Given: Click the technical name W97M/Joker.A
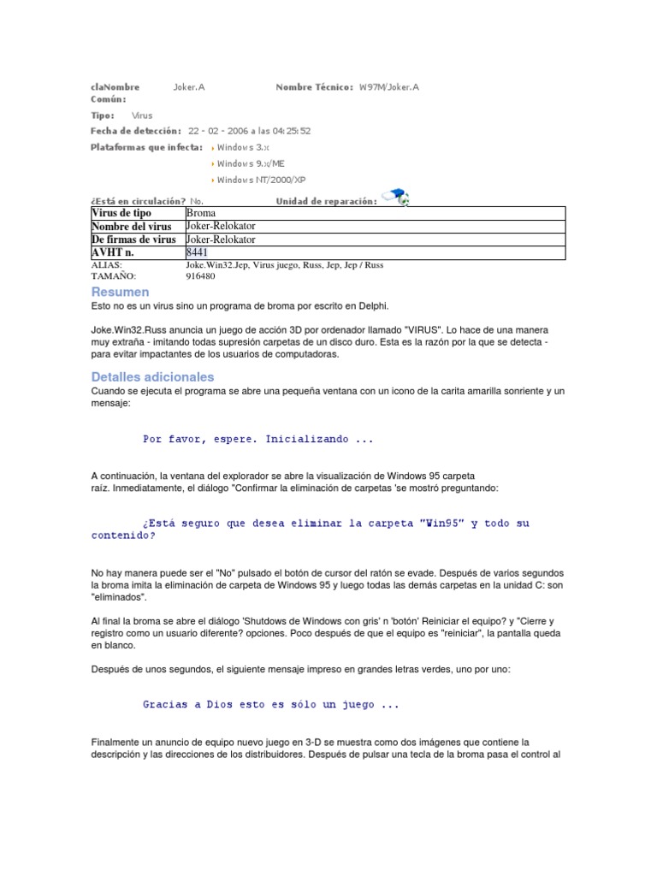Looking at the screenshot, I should [x=389, y=87].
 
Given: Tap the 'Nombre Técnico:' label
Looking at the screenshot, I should [x=314, y=87].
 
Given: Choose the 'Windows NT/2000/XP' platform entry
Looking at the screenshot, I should [x=260, y=180].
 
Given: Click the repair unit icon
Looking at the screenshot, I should [x=395, y=197].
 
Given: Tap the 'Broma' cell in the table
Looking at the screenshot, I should [x=201, y=212].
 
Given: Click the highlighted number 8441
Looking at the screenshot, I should [x=197, y=252].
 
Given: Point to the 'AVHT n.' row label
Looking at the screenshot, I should [x=113, y=252].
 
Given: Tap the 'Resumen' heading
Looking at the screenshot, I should [x=120, y=293].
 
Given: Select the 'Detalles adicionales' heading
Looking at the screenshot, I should [x=152, y=376].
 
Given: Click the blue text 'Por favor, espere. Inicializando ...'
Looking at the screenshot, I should [x=258, y=439].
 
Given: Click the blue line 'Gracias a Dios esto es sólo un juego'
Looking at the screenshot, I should [x=270, y=705].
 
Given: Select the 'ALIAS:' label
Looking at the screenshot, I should [x=106, y=265].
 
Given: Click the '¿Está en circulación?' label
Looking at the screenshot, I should [x=137, y=201].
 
